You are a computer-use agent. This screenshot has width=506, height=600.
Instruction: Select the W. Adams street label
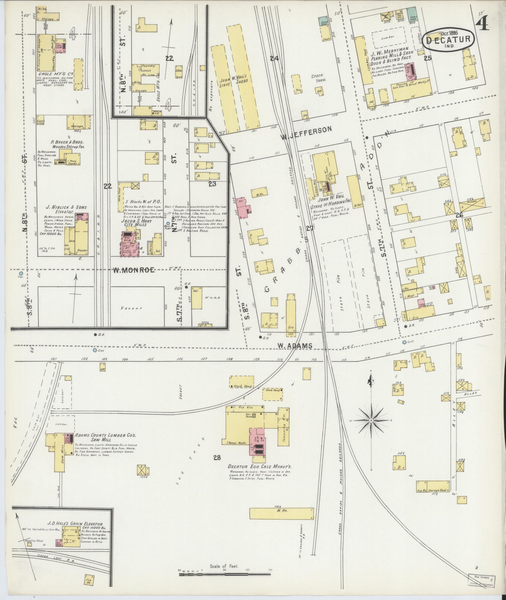295,346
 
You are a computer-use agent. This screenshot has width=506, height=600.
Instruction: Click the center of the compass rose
371,420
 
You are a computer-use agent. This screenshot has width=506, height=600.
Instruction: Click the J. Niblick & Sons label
66,207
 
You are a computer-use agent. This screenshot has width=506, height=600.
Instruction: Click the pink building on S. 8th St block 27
244,208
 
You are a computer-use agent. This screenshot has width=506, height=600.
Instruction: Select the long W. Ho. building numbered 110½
281,513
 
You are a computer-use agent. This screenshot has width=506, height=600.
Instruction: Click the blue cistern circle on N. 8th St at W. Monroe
21,273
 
